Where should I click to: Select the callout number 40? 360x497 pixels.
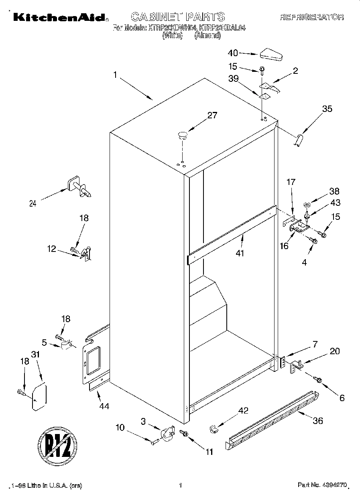click(x=233, y=53)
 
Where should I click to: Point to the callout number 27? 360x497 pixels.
click(x=212, y=116)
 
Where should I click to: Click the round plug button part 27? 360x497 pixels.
click(x=183, y=135)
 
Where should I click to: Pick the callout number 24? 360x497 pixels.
click(x=33, y=203)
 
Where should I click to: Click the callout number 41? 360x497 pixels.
click(x=240, y=253)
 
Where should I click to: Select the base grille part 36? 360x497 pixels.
click(x=273, y=419)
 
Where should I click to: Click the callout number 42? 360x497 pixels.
click(x=243, y=410)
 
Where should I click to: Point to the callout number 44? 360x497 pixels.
click(x=104, y=406)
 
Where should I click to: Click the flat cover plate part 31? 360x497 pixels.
click(x=39, y=397)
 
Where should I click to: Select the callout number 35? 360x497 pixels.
click(x=327, y=108)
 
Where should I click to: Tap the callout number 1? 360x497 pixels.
click(x=115, y=75)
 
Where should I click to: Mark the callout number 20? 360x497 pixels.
click(x=334, y=351)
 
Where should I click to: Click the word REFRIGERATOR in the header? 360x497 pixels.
click(x=311, y=17)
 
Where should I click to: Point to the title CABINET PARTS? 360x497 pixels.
click(x=178, y=16)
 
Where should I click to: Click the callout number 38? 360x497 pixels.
click(x=334, y=191)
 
